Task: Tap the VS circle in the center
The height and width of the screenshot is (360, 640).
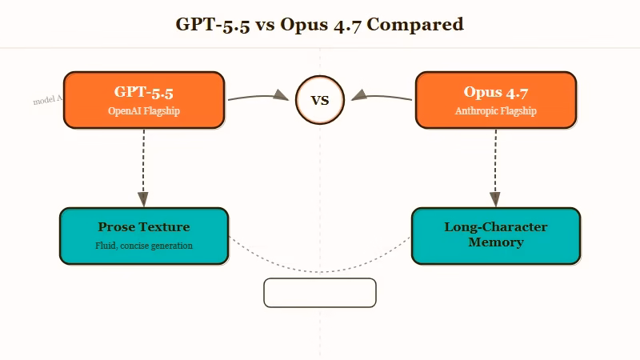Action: (320, 100)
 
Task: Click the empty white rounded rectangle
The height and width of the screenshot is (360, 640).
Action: (320, 293)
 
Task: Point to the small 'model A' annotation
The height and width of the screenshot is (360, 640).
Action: (47, 100)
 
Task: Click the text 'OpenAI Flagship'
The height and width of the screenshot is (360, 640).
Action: (144, 111)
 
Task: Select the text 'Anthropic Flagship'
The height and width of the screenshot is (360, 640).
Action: (496, 111)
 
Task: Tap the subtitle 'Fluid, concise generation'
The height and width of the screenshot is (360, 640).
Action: (144, 246)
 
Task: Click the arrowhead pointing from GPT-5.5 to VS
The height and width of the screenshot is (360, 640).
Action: (281, 95)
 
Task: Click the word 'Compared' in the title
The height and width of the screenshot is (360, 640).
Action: (415, 24)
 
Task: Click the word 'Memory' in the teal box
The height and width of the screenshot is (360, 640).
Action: (496, 242)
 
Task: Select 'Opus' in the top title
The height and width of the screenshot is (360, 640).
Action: (303, 24)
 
